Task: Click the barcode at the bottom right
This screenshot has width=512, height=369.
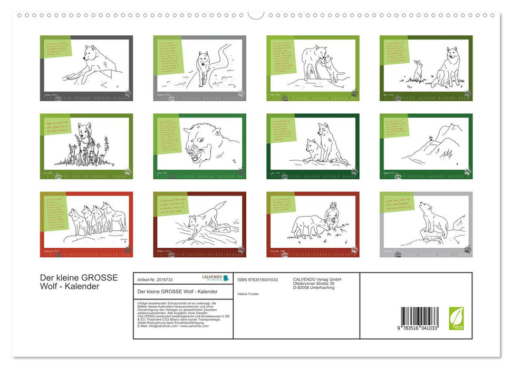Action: [x=419, y=318]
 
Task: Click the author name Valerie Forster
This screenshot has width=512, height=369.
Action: [x=248, y=294]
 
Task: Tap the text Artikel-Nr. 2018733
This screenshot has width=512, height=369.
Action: [x=154, y=279]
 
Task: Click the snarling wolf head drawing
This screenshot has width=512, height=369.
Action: [x=204, y=142]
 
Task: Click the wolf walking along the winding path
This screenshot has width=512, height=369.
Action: [x=203, y=67]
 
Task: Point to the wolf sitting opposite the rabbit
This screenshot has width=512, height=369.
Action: [x=447, y=67]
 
